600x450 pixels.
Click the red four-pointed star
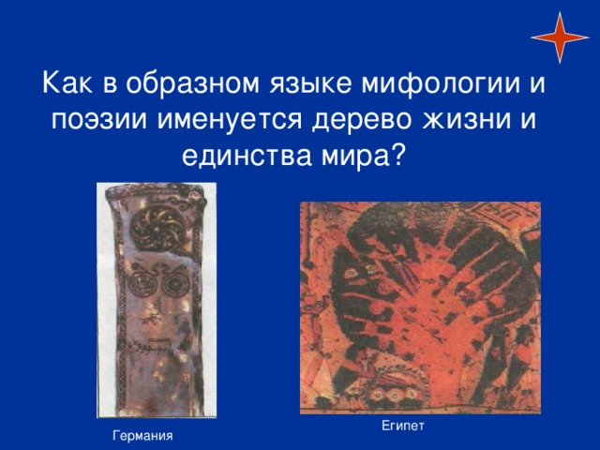click(560, 37)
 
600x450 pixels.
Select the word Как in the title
click(67, 82)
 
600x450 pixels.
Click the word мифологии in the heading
click(441, 83)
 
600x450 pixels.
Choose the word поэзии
click(98, 119)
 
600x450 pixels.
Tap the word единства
click(247, 157)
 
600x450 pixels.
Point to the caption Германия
click(142, 436)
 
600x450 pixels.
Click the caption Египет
click(403, 426)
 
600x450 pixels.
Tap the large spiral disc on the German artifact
click(157, 229)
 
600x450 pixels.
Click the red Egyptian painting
click(420, 308)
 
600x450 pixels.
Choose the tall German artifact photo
click(157, 300)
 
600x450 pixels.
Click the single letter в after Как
click(110, 85)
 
